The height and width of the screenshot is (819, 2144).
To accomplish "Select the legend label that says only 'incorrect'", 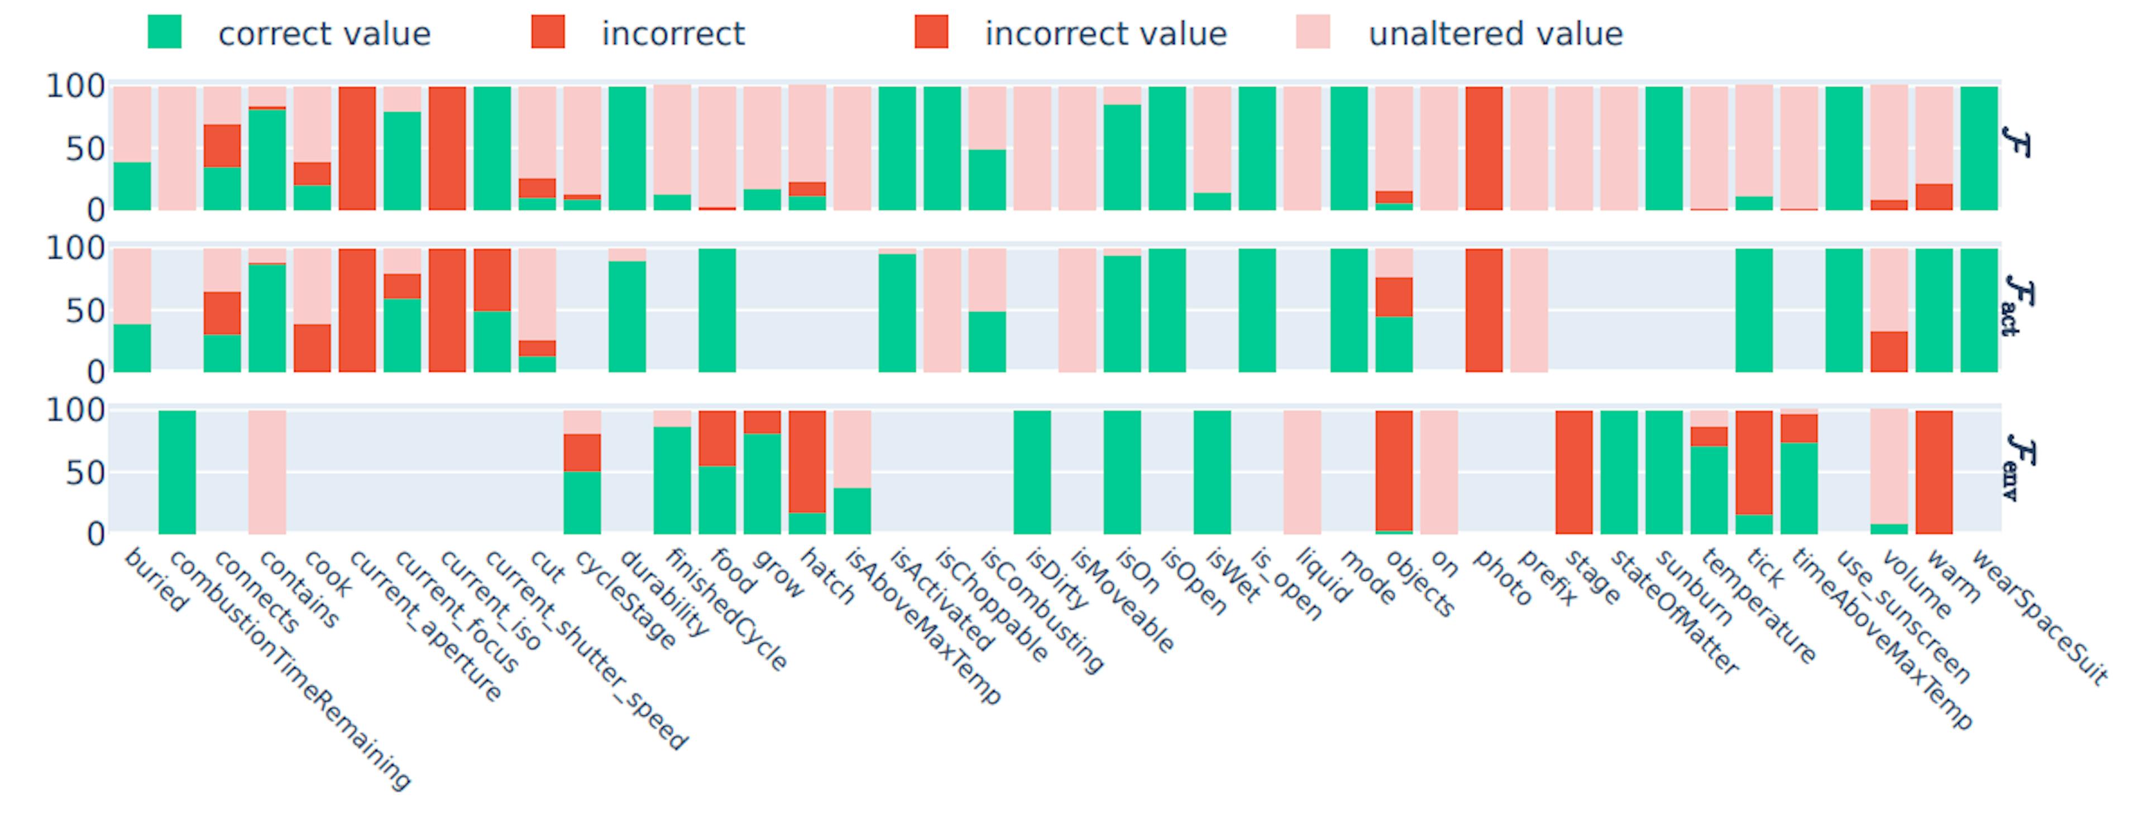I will [x=672, y=34].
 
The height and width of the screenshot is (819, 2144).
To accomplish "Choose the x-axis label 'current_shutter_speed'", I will [x=586, y=650].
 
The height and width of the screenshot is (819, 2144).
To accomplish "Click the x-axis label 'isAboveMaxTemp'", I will [x=924, y=626].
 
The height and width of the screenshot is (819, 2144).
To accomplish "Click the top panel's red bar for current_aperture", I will [x=357, y=148].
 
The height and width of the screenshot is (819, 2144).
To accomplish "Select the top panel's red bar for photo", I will [x=1484, y=148].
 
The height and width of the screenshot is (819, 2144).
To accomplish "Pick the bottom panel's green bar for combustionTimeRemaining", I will [x=178, y=472].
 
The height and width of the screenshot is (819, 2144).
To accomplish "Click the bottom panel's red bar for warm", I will [x=1934, y=472].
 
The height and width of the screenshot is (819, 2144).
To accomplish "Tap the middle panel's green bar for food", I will [x=716, y=310].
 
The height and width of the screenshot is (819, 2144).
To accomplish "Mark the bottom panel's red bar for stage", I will [x=1574, y=472].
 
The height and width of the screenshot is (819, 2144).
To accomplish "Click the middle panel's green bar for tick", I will [x=1754, y=310].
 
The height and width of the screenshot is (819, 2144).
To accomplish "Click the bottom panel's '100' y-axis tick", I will [x=75, y=410].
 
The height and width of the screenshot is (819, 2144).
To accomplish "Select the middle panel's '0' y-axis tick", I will [x=95, y=372].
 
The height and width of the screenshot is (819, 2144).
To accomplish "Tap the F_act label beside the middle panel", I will [x=2021, y=305].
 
